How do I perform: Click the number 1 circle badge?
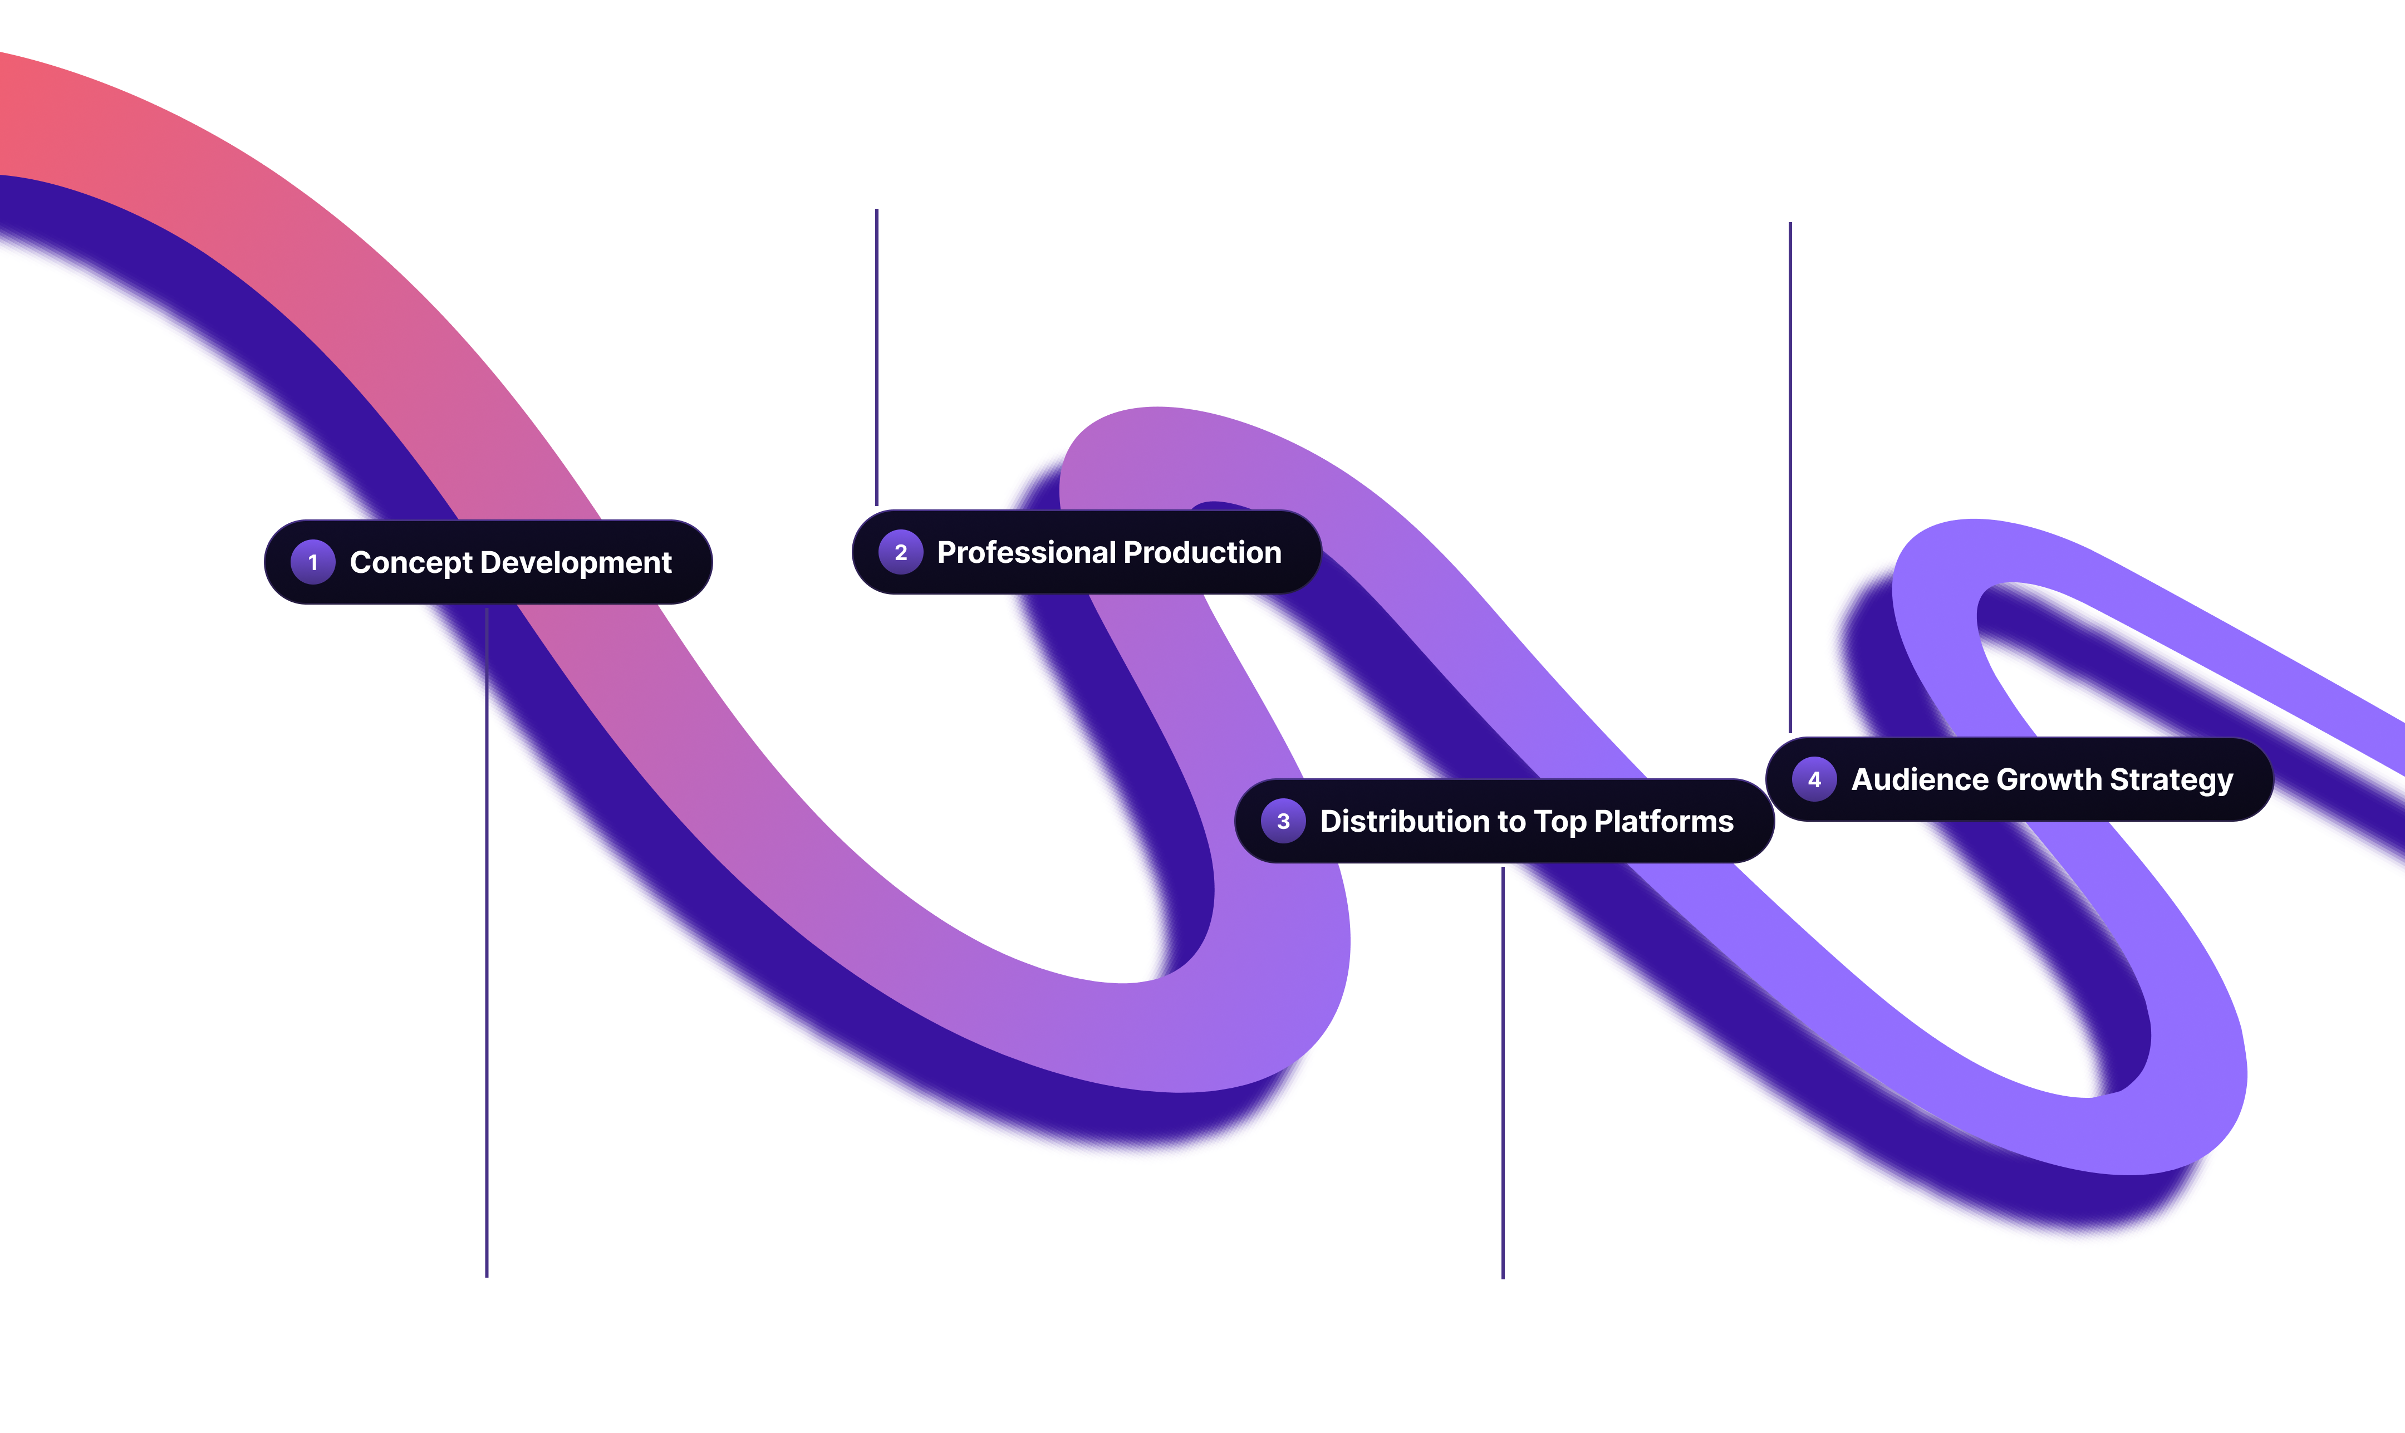[x=313, y=562]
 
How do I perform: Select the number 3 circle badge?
[x=1283, y=821]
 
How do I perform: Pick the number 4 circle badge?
[x=1814, y=779]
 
